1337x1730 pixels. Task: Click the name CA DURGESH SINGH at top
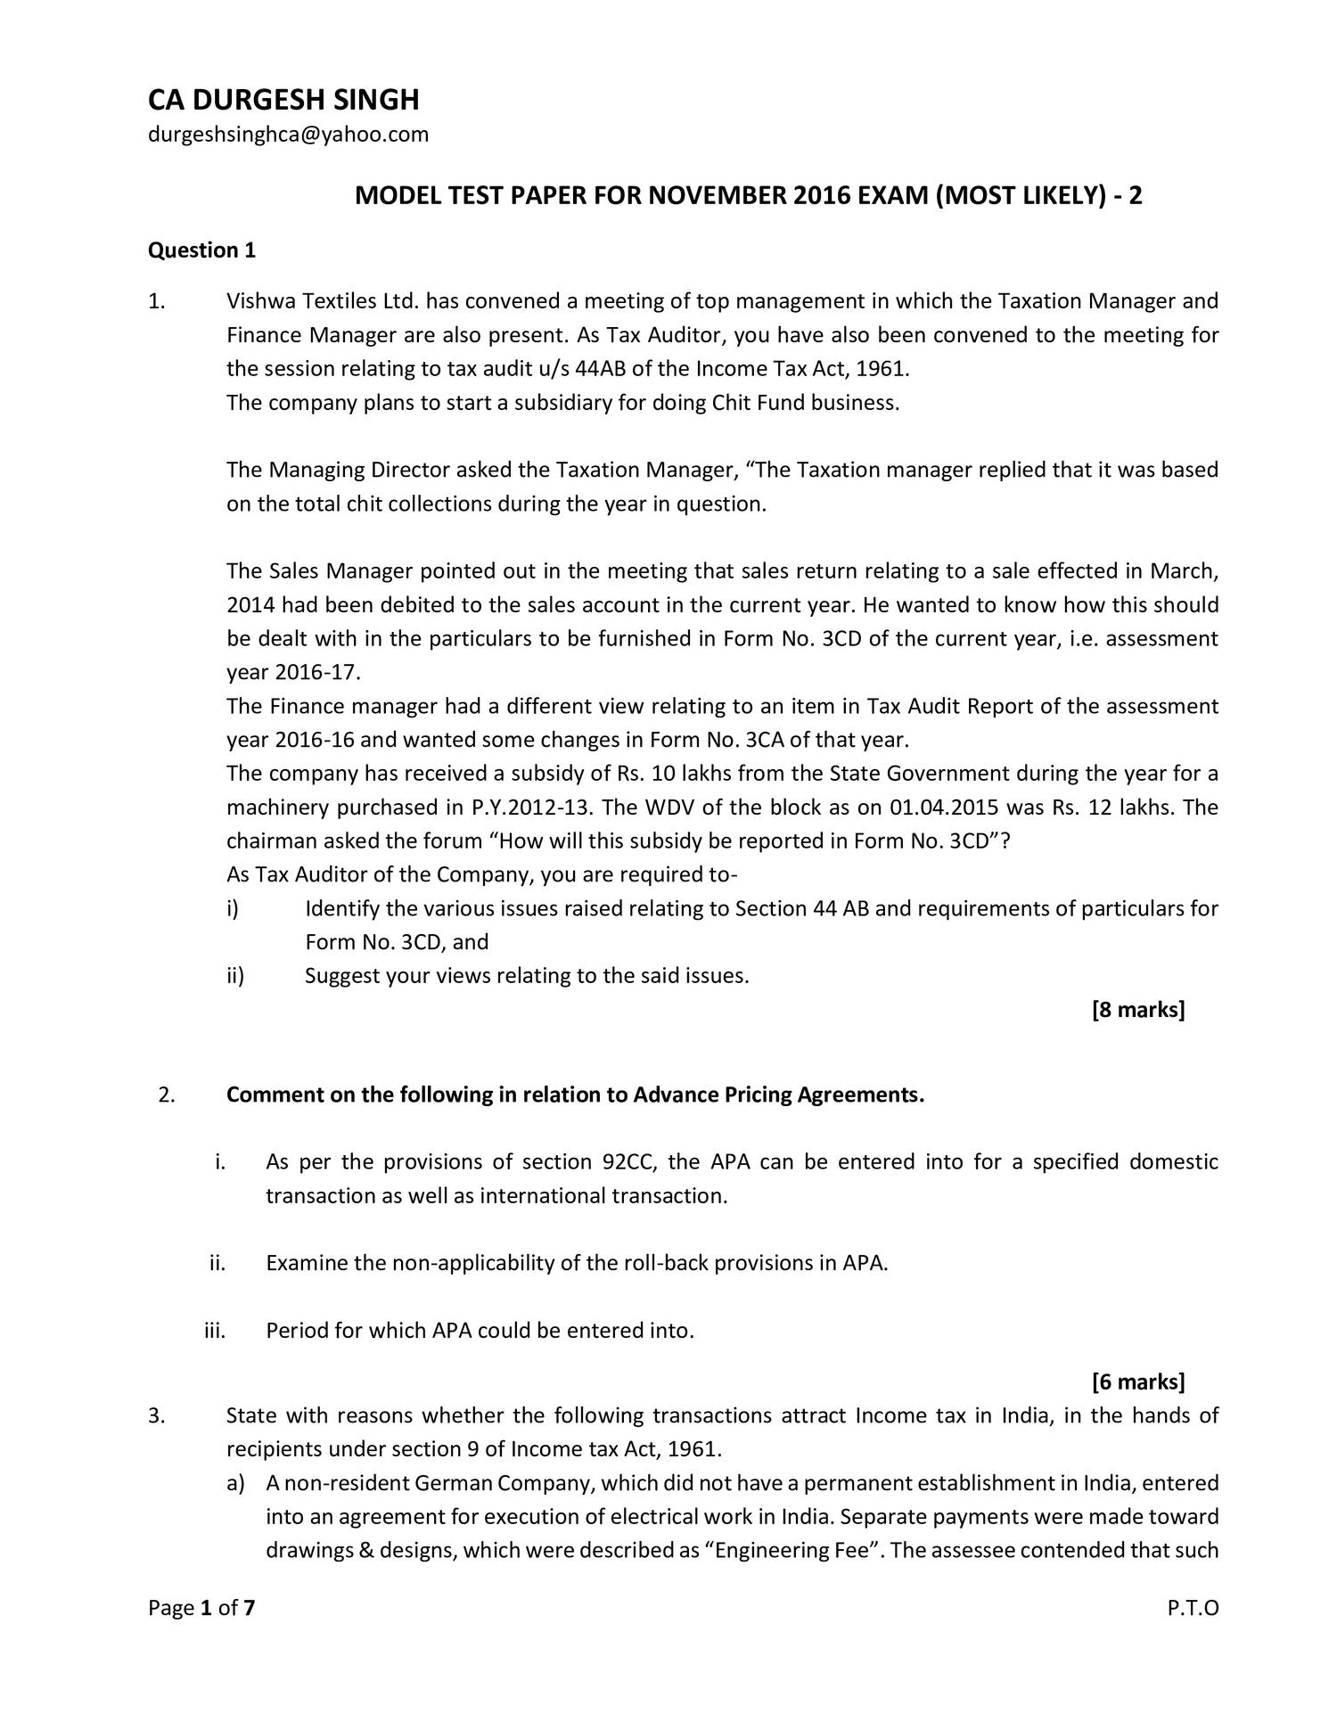point(283,100)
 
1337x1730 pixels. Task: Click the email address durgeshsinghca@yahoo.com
point(288,135)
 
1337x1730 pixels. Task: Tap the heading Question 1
point(201,250)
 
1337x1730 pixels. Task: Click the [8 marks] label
point(1138,1010)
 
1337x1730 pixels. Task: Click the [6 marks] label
point(1138,1382)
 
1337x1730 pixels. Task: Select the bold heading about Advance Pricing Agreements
point(575,1095)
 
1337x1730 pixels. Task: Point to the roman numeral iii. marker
point(215,1331)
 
